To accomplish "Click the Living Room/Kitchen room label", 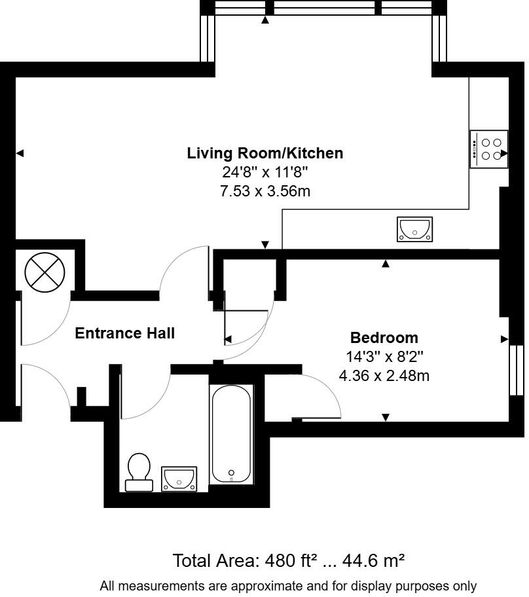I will [x=264, y=153].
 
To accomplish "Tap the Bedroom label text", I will [x=384, y=338].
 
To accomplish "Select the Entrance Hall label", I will [x=124, y=333].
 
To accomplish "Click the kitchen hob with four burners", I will [x=488, y=149].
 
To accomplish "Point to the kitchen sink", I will [x=414, y=229].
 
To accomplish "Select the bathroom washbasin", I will [x=179, y=478].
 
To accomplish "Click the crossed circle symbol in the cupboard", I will [x=45, y=273].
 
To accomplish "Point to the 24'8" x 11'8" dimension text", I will [x=264, y=173].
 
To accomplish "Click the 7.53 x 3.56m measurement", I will [x=264, y=191].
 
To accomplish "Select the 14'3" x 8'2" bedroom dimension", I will [x=384, y=357].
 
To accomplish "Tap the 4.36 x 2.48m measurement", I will [x=384, y=376].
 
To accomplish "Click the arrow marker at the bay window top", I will [x=265, y=20].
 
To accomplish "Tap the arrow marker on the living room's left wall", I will [x=20, y=153].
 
